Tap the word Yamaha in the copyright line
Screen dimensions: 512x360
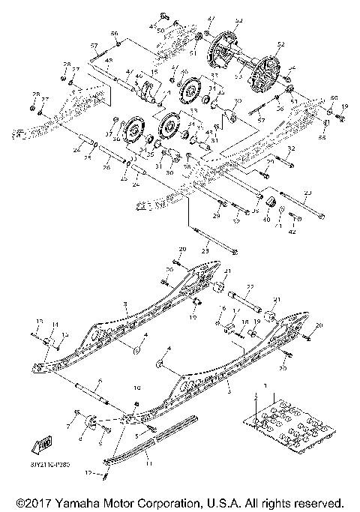click(83, 502)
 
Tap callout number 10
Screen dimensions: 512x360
click(136, 388)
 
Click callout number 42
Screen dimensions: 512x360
click(294, 233)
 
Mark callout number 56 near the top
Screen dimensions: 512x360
click(115, 34)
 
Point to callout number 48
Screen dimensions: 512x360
click(109, 60)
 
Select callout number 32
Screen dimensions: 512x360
click(291, 149)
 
